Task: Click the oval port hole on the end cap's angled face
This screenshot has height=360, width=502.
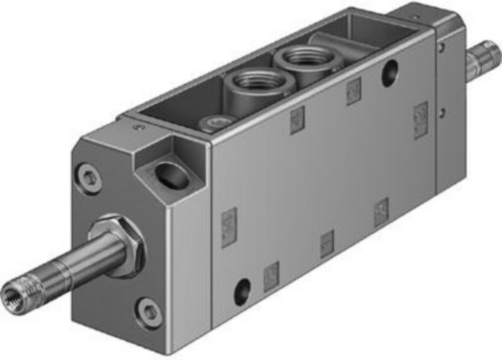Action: (x=172, y=175)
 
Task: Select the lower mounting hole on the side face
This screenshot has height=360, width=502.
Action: (x=242, y=291)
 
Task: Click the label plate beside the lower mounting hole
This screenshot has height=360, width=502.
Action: (x=271, y=276)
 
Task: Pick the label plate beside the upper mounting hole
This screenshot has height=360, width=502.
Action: (x=354, y=91)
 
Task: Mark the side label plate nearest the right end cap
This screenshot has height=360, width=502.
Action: (x=420, y=120)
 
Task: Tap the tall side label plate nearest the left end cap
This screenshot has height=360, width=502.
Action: (x=229, y=227)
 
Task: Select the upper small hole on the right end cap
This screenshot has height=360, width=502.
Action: (x=441, y=48)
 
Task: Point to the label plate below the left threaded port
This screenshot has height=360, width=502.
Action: (x=297, y=120)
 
